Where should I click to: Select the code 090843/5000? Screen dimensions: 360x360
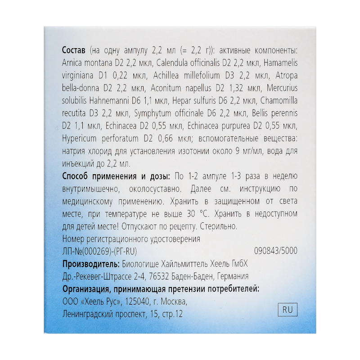point(276,251)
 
